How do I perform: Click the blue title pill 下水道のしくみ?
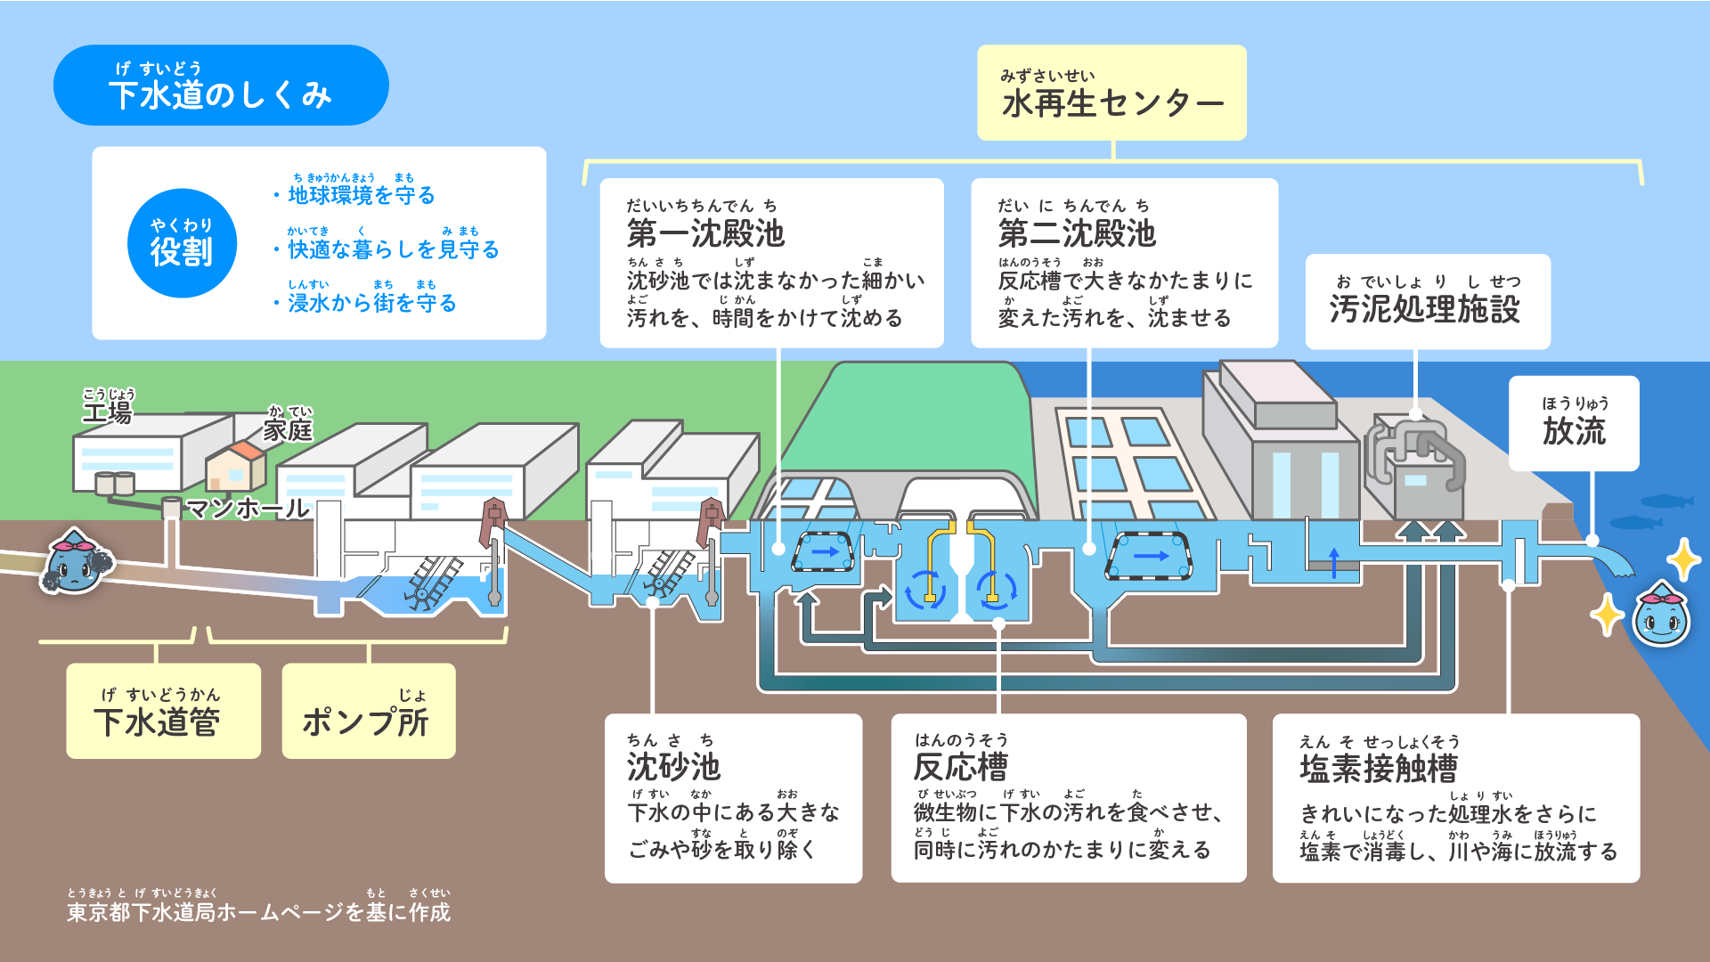pyautogui.click(x=220, y=86)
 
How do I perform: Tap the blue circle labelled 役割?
pyautogui.click(x=182, y=243)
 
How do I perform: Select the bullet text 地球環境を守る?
pyautogui.click(x=362, y=194)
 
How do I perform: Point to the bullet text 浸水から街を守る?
pyautogui.click(x=371, y=303)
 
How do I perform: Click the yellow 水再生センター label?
pyautogui.click(x=1111, y=94)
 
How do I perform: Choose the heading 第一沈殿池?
pyautogui.click(x=705, y=233)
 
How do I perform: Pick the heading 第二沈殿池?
pyautogui.click(x=1077, y=233)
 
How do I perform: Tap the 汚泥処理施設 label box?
pyautogui.click(x=1427, y=302)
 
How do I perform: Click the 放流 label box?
pyautogui.click(x=1574, y=424)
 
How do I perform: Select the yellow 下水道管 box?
pyautogui.click(x=164, y=712)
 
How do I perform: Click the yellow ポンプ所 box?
pyautogui.click(x=368, y=712)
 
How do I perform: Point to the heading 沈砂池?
pyautogui.click(x=673, y=766)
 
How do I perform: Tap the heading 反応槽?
pyautogui.click(x=961, y=766)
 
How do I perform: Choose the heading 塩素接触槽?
pyautogui.click(x=1379, y=768)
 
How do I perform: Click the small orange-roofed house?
pyautogui.click(x=236, y=465)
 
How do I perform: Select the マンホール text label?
pyautogui.click(x=247, y=509)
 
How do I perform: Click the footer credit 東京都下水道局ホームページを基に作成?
pyautogui.click(x=258, y=911)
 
